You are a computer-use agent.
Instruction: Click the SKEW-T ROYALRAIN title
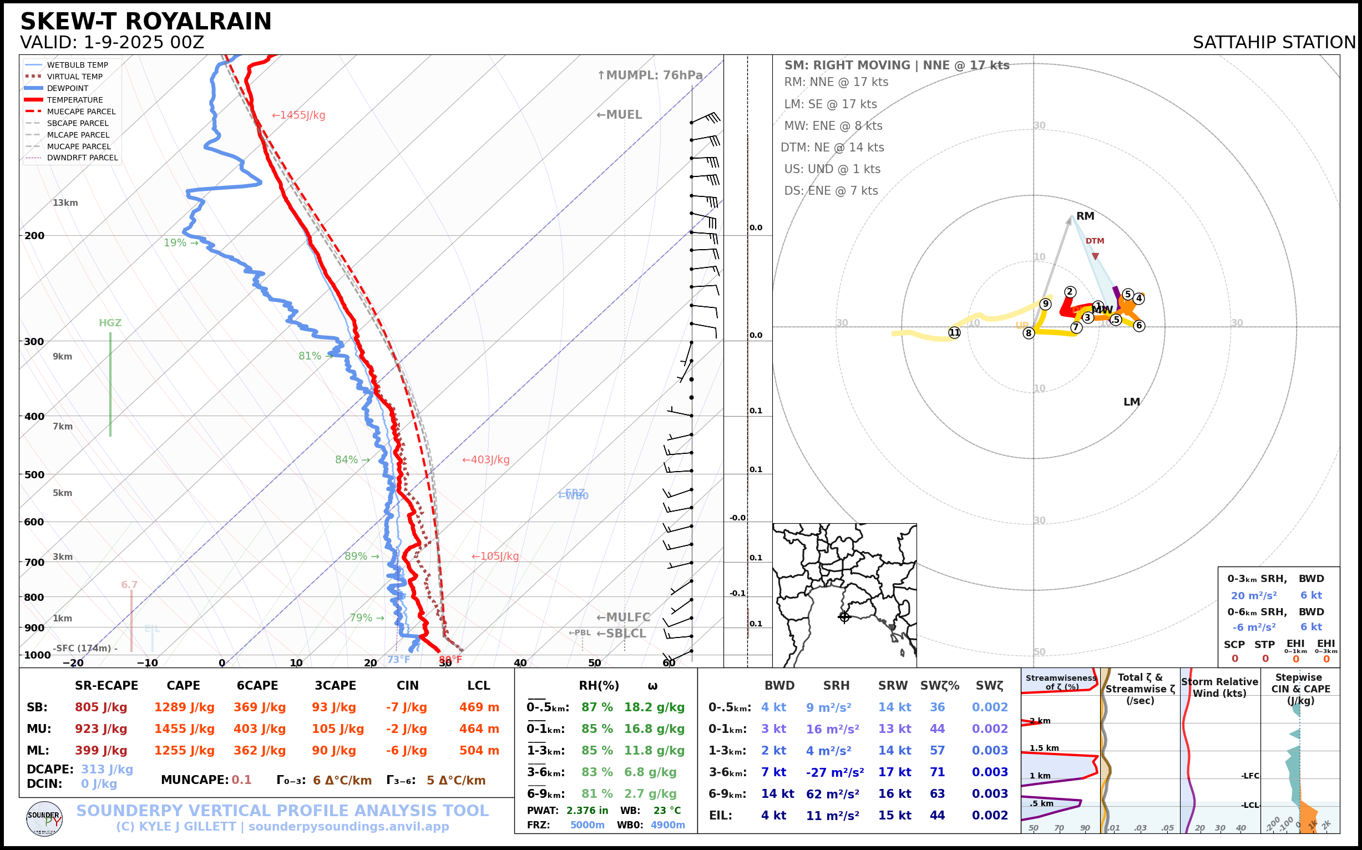point(145,22)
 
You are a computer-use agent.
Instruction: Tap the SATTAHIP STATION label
point(1274,42)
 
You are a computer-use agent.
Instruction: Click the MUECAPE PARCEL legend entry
point(81,112)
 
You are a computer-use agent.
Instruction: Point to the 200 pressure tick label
point(34,236)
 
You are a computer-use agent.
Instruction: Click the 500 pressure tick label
point(34,474)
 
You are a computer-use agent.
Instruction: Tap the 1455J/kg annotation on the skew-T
point(299,115)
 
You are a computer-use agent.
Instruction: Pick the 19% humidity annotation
point(180,243)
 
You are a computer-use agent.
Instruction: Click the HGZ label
point(110,323)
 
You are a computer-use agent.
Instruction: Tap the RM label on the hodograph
point(1085,216)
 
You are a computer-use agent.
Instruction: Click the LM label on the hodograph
point(1132,402)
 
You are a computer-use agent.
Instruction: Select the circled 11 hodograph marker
point(954,332)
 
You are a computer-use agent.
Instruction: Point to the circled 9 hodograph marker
point(1046,304)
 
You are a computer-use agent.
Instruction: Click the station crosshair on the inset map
point(844,617)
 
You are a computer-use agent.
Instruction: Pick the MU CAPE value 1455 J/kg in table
point(184,729)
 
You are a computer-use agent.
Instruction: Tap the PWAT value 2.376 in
point(587,811)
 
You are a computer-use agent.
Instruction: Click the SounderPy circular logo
point(44,819)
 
